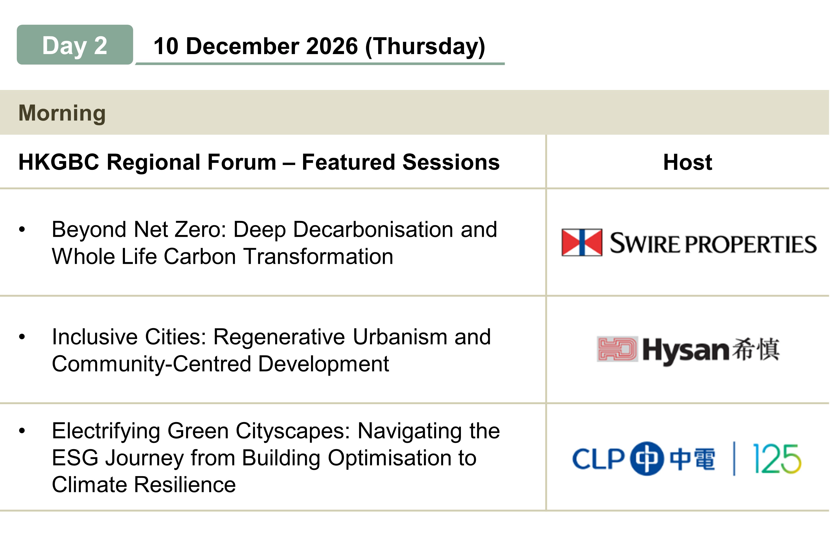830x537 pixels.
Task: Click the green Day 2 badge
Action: click(75, 45)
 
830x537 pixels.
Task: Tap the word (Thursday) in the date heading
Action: click(425, 47)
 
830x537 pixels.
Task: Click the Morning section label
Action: click(62, 113)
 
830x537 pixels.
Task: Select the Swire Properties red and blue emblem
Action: click(582, 242)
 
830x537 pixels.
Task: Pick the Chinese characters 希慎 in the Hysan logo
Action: click(756, 349)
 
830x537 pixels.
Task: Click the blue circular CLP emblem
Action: click(647, 458)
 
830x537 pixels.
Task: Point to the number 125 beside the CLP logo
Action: click(777, 458)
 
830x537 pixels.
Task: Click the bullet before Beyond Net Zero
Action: click(22, 229)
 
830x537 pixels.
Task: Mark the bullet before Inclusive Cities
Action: click(22, 337)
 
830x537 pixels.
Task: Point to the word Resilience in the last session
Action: click(185, 485)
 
